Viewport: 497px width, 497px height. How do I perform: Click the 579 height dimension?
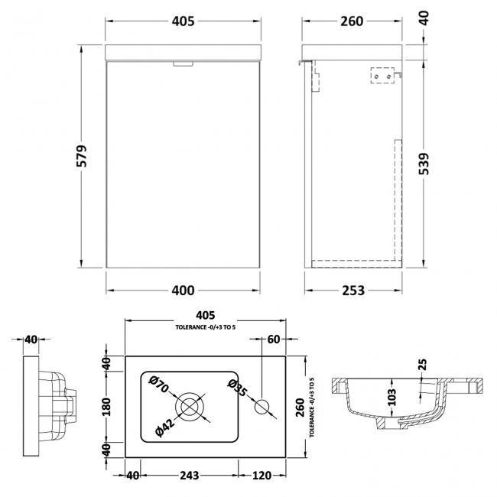pos(86,157)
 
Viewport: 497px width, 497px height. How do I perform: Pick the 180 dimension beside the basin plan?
pos(107,406)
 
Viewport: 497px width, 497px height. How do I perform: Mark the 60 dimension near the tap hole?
pos(274,338)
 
